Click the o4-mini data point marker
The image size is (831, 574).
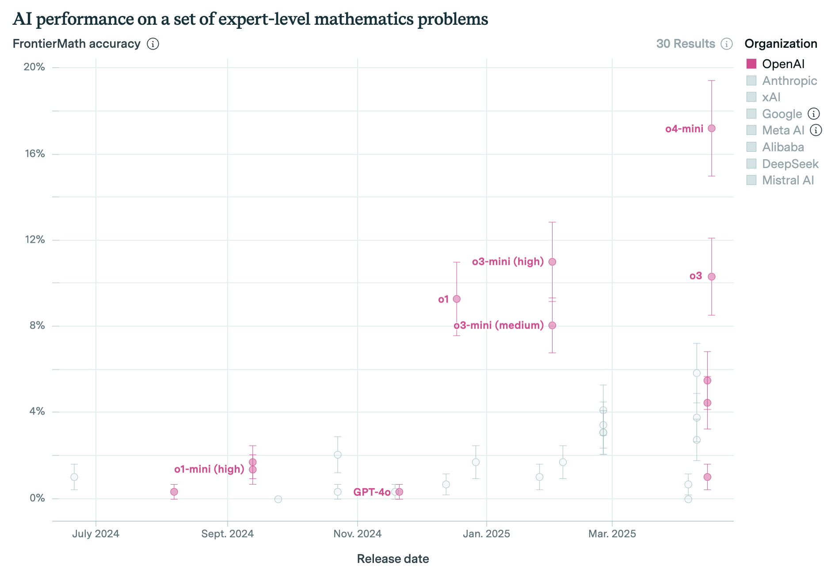[711, 128]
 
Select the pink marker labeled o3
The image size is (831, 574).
[711, 276]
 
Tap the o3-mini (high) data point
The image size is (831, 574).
[552, 262]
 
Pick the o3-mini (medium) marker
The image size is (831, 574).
[552, 325]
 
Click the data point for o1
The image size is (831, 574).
[457, 299]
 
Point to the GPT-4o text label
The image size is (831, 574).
[372, 492]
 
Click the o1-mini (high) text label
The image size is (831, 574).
[209, 469]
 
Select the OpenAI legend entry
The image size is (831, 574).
[783, 64]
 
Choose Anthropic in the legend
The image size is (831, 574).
[789, 80]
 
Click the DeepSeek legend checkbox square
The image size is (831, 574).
[751, 164]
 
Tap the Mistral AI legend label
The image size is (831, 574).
[788, 180]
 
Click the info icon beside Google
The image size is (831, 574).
[814, 114]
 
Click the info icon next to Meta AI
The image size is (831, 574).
[816, 130]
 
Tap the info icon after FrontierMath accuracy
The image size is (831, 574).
[153, 44]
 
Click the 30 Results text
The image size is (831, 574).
[686, 44]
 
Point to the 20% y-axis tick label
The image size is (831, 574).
[34, 67]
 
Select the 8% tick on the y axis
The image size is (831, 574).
[37, 325]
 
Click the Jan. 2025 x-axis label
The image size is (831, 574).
[486, 534]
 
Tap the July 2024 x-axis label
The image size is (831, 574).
[95, 534]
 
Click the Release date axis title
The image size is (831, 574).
[393, 559]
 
